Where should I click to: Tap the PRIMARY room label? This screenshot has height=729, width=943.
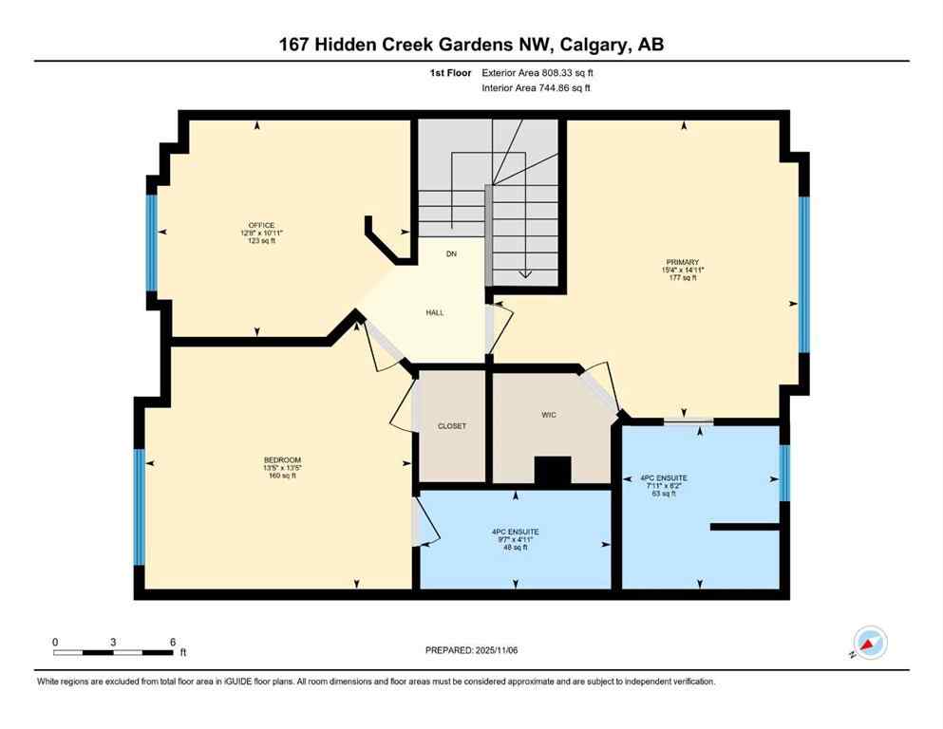682,262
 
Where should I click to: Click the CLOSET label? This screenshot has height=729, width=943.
452,426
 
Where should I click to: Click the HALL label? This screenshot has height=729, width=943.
434,312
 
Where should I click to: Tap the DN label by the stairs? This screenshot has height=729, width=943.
452,254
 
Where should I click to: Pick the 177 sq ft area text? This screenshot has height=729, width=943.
682,278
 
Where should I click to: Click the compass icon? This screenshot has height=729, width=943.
869,644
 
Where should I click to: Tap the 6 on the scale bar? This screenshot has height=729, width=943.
172,642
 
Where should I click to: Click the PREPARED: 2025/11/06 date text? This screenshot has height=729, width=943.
470,650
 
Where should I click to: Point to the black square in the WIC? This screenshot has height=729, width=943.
553,471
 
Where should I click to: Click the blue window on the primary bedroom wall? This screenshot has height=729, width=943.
803,274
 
